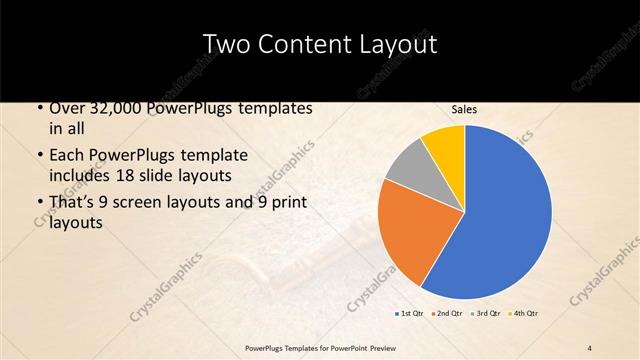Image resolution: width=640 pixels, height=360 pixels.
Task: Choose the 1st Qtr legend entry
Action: [x=410, y=314]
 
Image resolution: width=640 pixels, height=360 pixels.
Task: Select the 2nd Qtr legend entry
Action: [x=446, y=314]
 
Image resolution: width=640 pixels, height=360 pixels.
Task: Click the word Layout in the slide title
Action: [x=399, y=43]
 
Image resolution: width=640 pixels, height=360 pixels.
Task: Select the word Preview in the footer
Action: [x=377, y=347]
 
